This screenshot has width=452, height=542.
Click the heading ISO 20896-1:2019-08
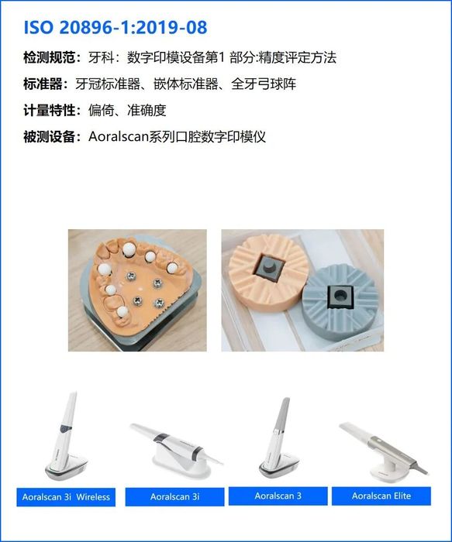[116, 28]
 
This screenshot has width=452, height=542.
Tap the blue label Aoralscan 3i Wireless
[66, 496]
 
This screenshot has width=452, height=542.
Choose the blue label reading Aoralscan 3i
[174, 496]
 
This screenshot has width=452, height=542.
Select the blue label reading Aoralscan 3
[278, 496]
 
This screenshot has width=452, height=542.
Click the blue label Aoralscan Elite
[381, 496]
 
